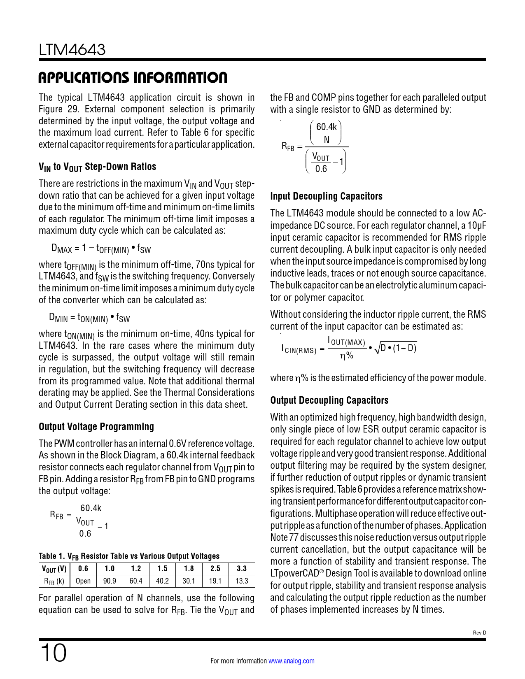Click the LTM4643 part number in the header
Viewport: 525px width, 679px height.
point(72,50)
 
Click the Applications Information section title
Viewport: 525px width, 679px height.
point(133,77)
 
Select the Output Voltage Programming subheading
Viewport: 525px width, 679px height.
point(96,427)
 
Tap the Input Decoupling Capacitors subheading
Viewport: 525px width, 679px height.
point(326,196)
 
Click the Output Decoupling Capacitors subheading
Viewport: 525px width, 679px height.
point(329,400)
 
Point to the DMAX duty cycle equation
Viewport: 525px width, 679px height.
point(101,248)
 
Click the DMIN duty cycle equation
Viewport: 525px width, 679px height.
point(89,317)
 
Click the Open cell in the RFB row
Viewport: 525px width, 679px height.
point(83,581)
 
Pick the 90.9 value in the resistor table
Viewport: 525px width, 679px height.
point(110,581)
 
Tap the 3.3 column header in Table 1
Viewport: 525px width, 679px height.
point(242,569)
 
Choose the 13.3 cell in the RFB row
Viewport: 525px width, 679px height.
point(242,581)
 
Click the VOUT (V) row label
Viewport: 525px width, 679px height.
point(54,569)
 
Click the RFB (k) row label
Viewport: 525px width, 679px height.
point(54,581)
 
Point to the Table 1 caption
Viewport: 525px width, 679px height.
point(129,556)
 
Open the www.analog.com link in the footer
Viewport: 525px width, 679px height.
point(291,661)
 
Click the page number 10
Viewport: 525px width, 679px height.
point(53,653)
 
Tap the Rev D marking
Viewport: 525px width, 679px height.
point(479,633)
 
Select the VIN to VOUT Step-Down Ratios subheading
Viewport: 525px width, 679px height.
point(97,167)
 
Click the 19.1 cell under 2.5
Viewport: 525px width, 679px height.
point(215,581)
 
